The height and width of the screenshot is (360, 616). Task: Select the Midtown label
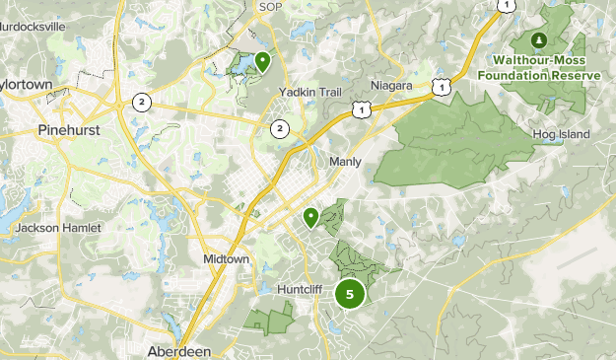tap(226, 258)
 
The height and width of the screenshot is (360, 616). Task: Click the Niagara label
tap(391, 85)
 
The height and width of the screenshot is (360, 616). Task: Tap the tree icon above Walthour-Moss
tap(538, 40)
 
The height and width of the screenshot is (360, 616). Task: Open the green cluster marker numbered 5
tap(350, 293)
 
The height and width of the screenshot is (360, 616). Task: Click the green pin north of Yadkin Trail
tap(262, 61)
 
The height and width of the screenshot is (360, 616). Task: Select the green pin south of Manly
tap(310, 216)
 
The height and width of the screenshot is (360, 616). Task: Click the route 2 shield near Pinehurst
tap(143, 102)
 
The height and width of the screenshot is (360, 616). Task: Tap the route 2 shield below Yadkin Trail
tap(280, 127)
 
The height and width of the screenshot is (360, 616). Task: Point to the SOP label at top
tap(269, 7)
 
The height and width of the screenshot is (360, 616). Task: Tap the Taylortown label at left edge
tap(25, 85)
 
